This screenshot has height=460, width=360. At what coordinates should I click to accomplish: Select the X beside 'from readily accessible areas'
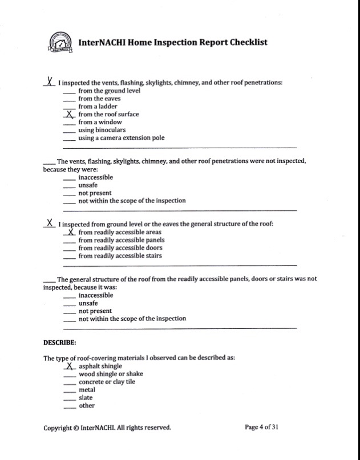coord(70,232)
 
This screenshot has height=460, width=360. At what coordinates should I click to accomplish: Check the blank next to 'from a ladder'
coord(69,108)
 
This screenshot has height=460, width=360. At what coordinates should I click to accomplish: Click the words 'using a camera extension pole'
coord(122,138)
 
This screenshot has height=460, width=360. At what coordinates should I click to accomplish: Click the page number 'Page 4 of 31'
coord(261,427)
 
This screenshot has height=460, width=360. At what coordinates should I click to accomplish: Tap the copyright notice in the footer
coord(107,428)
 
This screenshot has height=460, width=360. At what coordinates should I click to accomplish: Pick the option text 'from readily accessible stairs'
coord(120,256)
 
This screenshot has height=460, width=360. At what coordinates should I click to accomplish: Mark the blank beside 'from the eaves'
coord(69,100)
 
